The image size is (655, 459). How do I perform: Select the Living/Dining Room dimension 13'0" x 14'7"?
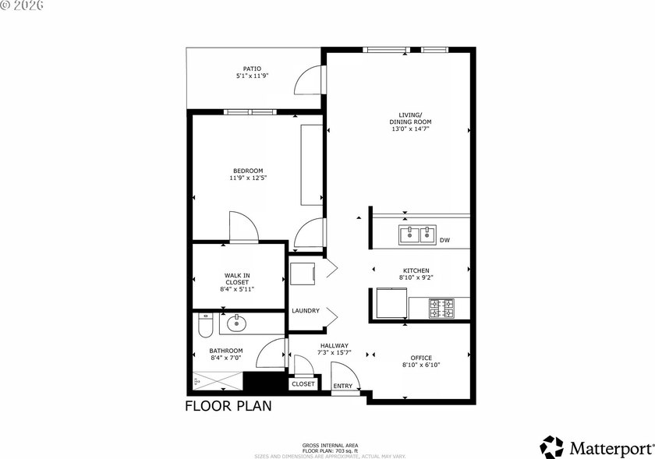point(410,129)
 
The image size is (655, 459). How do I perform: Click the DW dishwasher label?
point(444,240)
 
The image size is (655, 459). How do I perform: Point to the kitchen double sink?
point(417,234)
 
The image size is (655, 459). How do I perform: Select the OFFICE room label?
point(421,358)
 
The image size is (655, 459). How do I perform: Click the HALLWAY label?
point(334,345)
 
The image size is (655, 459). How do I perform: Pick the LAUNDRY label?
point(306,311)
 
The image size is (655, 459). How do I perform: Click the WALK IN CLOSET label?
point(237,278)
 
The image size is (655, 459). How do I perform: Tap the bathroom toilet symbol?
point(205,325)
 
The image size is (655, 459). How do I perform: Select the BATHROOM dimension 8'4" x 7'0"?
point(225,359)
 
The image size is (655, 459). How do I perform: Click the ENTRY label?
point(342,387)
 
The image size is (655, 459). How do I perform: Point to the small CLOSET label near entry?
point(303,384)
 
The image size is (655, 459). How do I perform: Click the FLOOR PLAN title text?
point(228,406)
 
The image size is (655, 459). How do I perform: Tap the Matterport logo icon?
point(552,447)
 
